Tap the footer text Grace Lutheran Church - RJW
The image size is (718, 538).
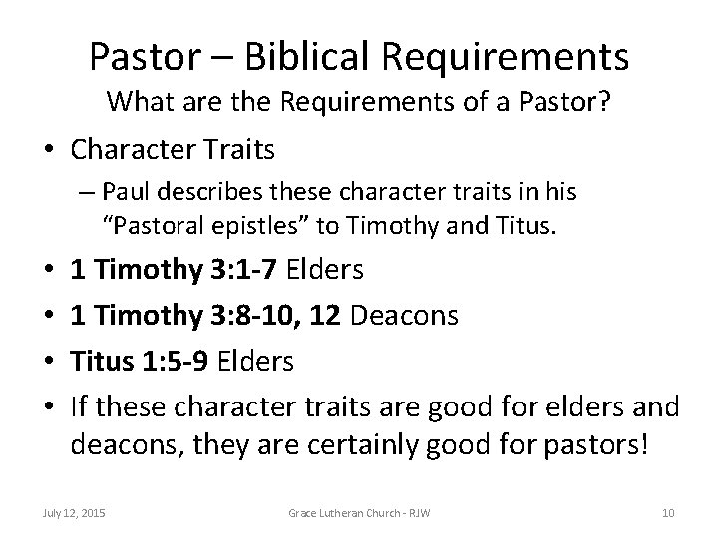(x=360, y=512)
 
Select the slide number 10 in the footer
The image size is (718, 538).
(x=667, y=512)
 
